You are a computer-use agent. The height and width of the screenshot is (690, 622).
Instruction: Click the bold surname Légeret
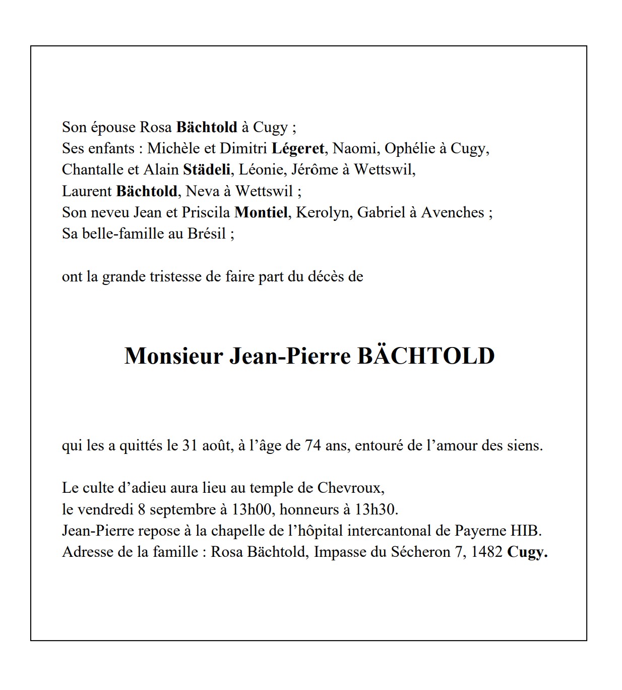298,149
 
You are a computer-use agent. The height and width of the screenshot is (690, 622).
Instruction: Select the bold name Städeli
207,170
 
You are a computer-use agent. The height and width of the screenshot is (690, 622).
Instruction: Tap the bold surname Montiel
261,212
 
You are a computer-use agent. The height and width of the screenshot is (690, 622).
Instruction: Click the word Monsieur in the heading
173,356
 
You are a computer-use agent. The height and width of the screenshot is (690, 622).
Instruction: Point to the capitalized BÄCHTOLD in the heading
426,356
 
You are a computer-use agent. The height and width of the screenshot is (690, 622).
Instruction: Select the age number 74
313,446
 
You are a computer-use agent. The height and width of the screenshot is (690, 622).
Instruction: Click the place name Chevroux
350,488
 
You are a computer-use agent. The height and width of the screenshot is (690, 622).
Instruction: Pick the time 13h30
376,509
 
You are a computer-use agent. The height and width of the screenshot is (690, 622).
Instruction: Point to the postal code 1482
486,552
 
